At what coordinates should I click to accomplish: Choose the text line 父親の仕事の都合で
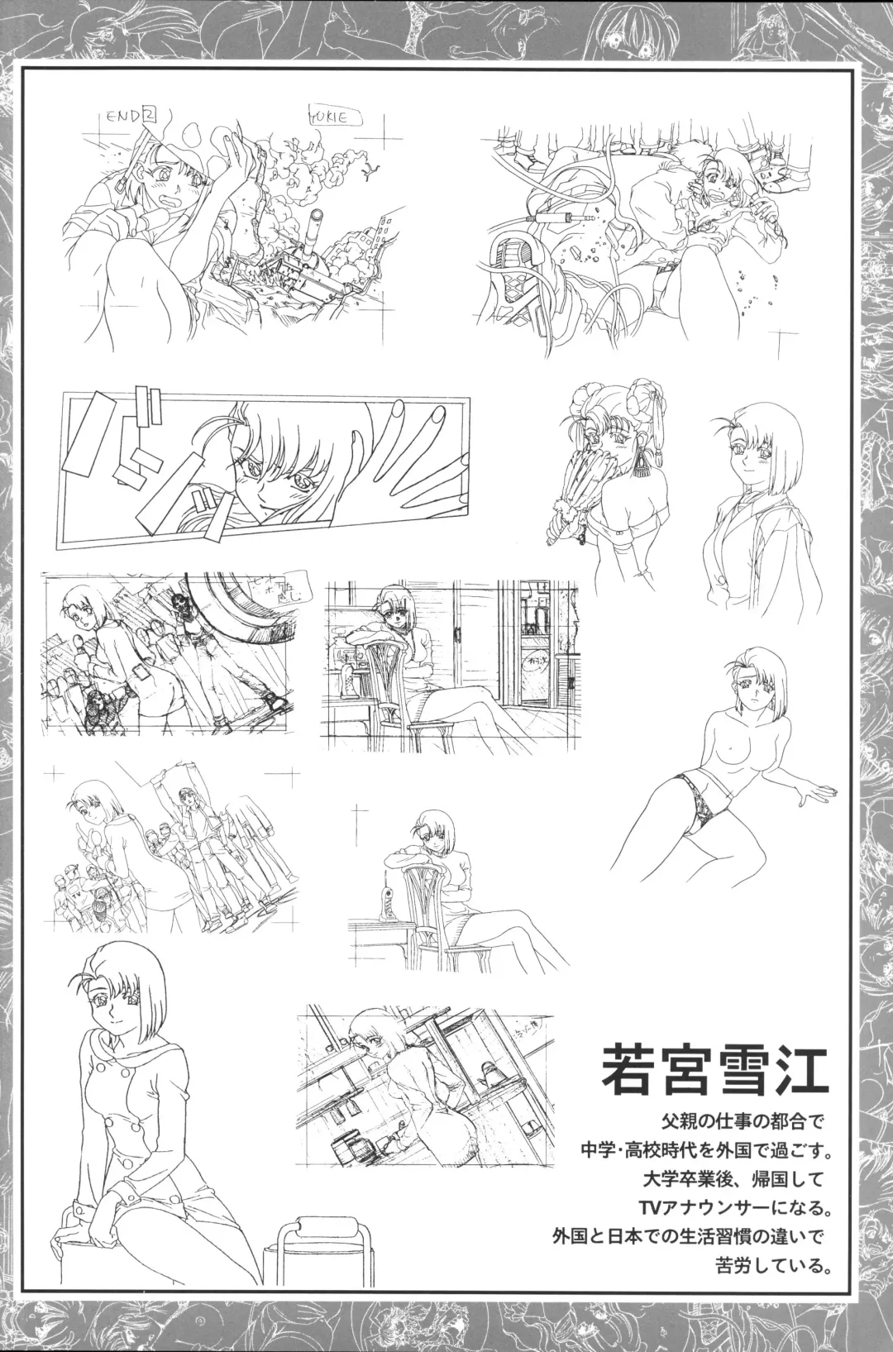tap(745, 1122)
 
